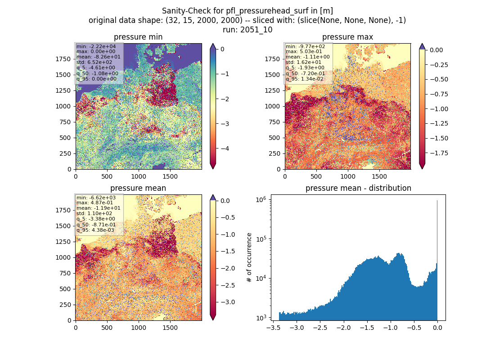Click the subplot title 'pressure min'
coord(138,37)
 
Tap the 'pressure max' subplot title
coord(347,37)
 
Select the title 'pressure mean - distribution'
coord(358,188)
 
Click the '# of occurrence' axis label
coord(249,257)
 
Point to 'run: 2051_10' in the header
coord(247,30)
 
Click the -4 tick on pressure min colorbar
coord(225,148)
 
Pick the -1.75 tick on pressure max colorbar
coord(439,153)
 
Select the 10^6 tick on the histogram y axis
coord(261,200)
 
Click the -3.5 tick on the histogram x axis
coord(272,328)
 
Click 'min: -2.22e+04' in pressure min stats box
coord(96,46)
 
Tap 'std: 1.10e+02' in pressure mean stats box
coord(94,213)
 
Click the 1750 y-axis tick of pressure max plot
coord(272,59)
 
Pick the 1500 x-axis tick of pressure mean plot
coord(170,328)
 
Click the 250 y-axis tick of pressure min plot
coord(67,153)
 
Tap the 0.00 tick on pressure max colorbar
coord(436,50)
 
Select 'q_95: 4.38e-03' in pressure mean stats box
coord(98,230)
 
